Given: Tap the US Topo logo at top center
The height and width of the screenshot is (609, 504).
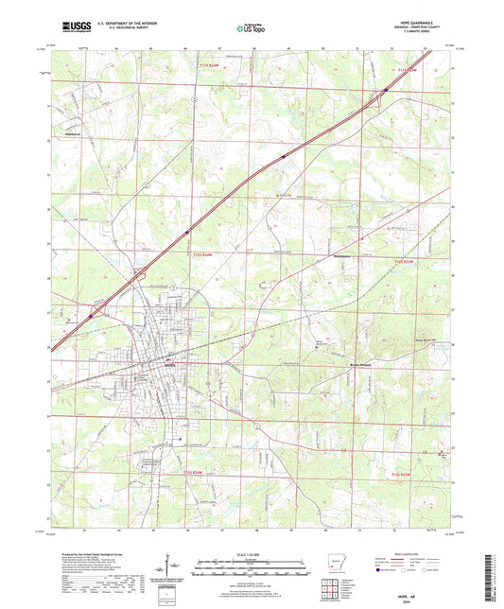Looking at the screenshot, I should point(251,28).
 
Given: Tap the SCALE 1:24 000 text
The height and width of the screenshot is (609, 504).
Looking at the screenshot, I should point(251,552).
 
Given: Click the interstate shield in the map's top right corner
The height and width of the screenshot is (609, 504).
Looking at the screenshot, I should point(387,91).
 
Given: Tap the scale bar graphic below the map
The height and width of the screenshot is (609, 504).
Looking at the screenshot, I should point(251,568).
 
